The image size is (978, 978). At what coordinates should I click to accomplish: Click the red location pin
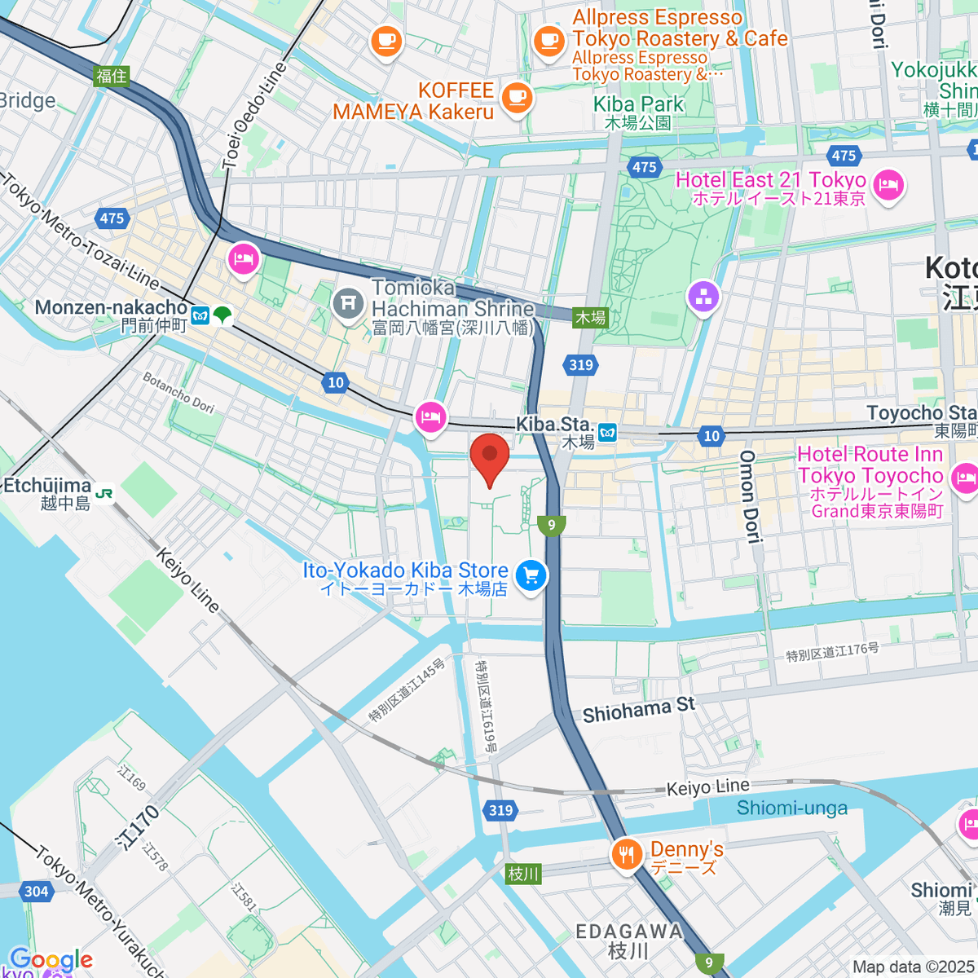pyautogui.click(x=490, y=458)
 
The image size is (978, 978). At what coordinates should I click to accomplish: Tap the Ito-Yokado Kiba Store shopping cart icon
pyautogui.click(x=531, y=576)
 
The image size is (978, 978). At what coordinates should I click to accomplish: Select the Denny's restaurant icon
pyautogui.click(x=626, y=855)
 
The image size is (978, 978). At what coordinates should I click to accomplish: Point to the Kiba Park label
pyautogui.click(x=638, y=104)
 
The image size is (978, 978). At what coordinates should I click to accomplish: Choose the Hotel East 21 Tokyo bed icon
pyautogui.click(x=888, y=185)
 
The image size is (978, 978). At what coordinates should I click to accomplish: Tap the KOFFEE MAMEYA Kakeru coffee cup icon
pyautogui.click(x=515, y=97)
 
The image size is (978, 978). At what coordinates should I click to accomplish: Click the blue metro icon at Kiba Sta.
pyautogui.click(x=607, y=432)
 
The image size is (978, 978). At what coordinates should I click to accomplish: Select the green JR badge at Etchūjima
pyautogui.click(x=104, y=493)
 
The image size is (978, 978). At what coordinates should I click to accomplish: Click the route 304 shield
pyautogui.click(x=36, y=891)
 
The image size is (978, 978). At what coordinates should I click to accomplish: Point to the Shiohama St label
pyautogui.click(x=639, y=710)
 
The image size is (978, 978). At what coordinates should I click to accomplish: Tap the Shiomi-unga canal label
pyautogui.click(x=791, y=808)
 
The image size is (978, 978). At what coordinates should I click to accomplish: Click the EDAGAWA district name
pyautogui.click(x=628, y=932)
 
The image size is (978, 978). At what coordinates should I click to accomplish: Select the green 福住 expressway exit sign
pyautogui.click(x=112, y=76)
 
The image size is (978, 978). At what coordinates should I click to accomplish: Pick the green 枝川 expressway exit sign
pyautogui.click(x=523, y=874)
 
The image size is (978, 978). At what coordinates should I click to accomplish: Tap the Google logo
pyautogui.click(x=51, y=960)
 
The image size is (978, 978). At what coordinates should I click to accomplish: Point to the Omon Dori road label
pyautogui.click(x=749, y=496)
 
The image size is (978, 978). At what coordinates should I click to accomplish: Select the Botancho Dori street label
pyautogui.click(x=178, y=392)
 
